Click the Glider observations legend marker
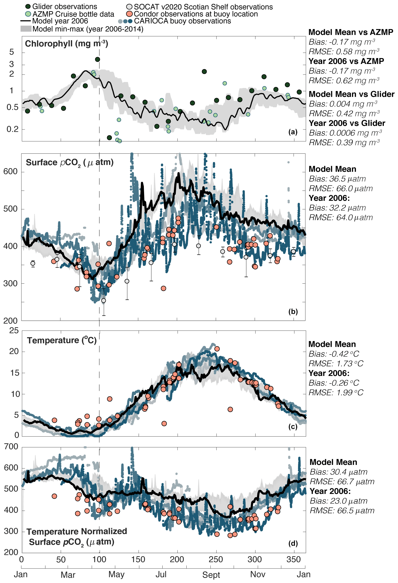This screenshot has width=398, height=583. point(28,7)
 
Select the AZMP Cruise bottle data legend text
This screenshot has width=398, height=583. point(73,14)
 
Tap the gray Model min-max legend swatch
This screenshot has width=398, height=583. point(26,29)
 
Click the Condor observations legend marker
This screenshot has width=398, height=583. point(130,14)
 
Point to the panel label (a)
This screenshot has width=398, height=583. point(293,132)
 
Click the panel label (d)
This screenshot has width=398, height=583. point(293,544)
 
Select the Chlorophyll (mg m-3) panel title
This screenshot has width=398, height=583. point(67,44)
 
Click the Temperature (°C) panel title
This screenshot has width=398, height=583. point(62,340)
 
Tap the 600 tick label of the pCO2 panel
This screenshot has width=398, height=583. point(11,172)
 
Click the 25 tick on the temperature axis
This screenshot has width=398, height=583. point(14,331)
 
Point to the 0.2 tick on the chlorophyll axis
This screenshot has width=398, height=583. point(13,129)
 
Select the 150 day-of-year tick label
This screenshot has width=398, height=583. point(138,560)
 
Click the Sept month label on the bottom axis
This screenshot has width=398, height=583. point(211,575)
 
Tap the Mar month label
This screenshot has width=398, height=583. point(68,575)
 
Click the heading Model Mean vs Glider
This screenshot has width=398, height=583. point(351,94)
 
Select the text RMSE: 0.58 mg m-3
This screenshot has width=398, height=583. point(344,52)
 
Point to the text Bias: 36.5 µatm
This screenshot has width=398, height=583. point(337,179)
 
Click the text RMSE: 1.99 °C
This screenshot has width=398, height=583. point(336,392)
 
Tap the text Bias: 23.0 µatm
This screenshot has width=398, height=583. point(338,501)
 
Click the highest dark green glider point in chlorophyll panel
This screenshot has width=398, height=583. point(97,60)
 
